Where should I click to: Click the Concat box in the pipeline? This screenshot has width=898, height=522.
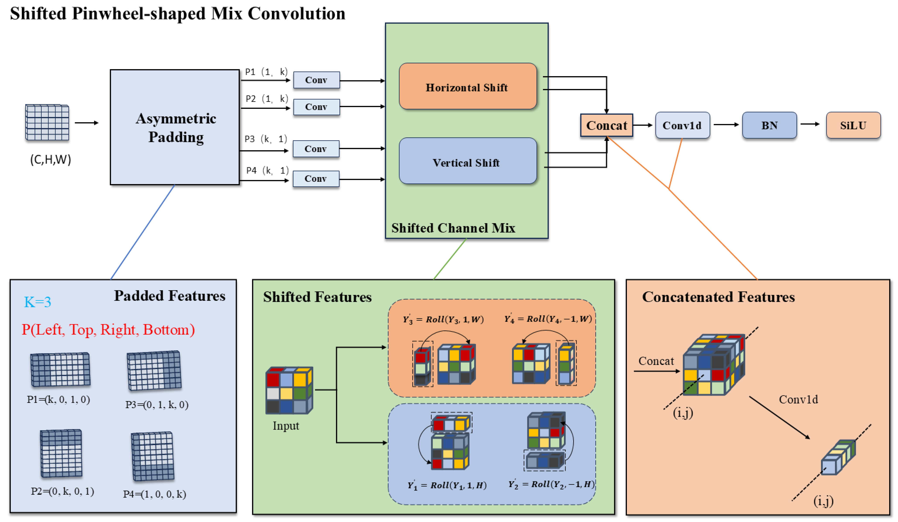[x=607, y=125]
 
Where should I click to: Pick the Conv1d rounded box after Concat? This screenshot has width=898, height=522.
[x=682, y=125]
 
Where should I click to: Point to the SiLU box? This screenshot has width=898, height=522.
[x=853, y=125]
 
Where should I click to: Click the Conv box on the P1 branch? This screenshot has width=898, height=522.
[x=316, y=80]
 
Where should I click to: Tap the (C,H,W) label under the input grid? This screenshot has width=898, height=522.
[x=51, y=159]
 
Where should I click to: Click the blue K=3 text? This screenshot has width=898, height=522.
[x=37, y=302]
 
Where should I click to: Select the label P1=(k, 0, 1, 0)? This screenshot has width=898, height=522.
[x=58, y=399]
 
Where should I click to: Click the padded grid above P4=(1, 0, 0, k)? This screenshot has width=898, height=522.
[x=153, y=456]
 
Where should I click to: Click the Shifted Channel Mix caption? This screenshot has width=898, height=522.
[x=453, y=228]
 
